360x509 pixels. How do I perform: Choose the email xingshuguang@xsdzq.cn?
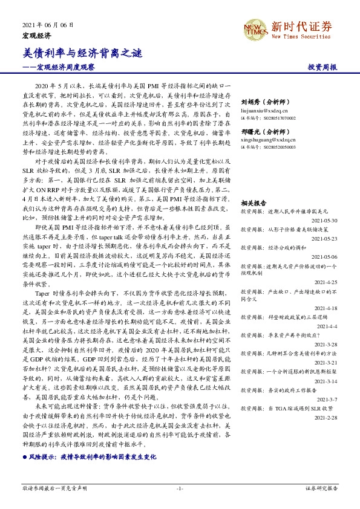[x=266, y=139]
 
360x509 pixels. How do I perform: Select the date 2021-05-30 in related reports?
[x=324, y=221]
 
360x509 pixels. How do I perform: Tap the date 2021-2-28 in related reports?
[x=326, y=418]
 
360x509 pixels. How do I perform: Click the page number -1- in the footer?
[x=180, y=488]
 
